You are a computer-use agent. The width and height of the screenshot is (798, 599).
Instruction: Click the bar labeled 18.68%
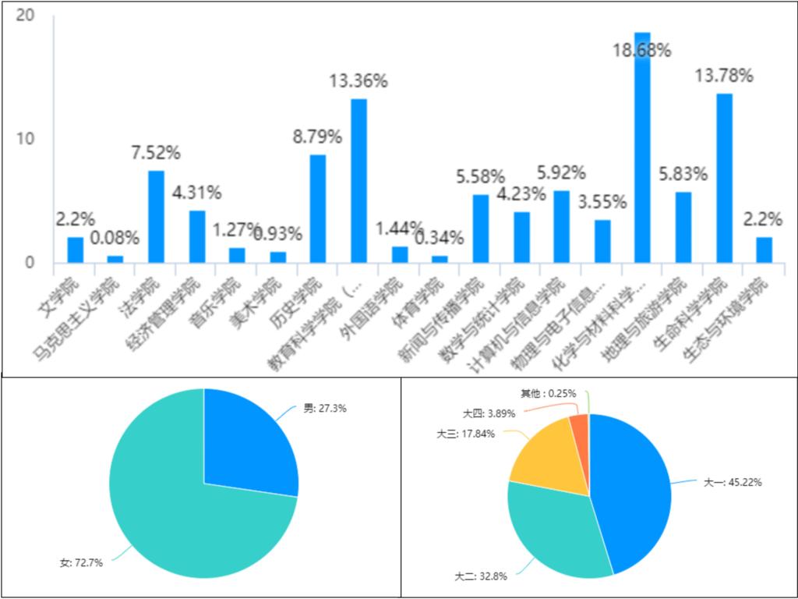coord(642,148)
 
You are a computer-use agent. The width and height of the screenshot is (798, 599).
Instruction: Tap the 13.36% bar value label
coord(358,81)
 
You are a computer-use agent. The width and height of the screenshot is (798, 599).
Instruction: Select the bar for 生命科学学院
coord(724,179)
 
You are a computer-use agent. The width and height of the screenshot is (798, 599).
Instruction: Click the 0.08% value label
coord(115,237)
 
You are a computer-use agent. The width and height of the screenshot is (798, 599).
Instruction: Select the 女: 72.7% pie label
coord(82,562)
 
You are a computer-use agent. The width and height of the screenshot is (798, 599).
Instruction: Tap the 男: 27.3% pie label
coord(325,408)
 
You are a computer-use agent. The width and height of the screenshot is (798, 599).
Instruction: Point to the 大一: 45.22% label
coord(733,483)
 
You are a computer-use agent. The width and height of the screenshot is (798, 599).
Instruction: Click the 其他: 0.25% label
coord(549,392)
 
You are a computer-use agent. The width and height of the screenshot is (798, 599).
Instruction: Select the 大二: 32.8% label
coord(481,577)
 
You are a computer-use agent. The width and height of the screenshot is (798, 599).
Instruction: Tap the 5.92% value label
coord(561,173)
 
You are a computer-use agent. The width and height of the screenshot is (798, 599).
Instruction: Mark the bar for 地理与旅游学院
coord(683,227)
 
